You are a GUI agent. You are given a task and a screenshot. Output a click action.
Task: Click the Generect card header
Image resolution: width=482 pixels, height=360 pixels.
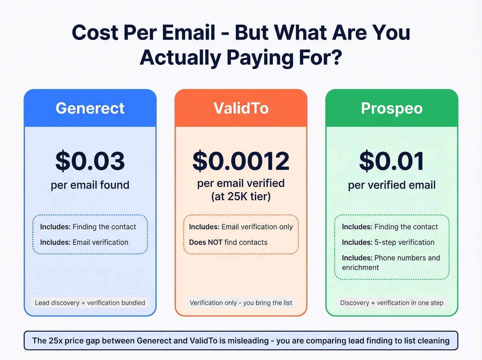[90, 108]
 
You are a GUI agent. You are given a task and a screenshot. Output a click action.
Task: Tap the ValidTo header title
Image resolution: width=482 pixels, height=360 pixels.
[241, 108]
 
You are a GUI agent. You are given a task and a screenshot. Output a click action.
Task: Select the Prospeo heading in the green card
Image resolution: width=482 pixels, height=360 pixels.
[392, 108]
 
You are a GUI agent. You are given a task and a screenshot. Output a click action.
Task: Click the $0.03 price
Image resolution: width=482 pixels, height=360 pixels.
[90, 161]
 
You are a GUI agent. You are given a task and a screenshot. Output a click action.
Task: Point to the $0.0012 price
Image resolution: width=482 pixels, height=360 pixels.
[241, 161]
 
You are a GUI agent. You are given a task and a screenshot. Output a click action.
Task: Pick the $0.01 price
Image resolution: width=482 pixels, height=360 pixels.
[392, 161]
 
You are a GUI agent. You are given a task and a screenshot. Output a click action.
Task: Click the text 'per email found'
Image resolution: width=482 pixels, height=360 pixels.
[90, 185]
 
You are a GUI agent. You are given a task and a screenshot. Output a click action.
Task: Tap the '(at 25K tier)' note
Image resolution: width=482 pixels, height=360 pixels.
[241, 196]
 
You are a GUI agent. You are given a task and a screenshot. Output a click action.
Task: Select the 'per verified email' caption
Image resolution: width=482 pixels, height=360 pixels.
[392, 185]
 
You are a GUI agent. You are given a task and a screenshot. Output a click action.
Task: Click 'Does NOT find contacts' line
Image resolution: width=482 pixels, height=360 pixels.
[228, 242]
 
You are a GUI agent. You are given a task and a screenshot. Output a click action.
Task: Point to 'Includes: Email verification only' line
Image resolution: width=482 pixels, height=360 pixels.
[241, 227]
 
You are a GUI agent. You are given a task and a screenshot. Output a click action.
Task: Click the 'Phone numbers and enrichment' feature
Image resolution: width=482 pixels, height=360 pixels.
[391, 263]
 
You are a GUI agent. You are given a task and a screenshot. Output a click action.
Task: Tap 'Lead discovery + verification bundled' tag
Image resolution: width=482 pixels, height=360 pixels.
[90, 303]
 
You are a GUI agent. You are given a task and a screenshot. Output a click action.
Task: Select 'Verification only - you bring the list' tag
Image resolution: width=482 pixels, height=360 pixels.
[241, 303]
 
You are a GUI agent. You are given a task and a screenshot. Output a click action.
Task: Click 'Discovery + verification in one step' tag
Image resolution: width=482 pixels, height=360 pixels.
[392, 303]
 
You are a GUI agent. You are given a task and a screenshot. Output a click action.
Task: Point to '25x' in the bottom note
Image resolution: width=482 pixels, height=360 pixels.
[56, 341]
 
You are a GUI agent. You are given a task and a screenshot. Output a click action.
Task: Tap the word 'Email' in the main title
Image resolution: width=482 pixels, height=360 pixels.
[189, 33]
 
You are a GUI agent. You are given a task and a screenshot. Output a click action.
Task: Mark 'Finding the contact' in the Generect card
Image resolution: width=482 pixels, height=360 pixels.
[104, 227]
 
